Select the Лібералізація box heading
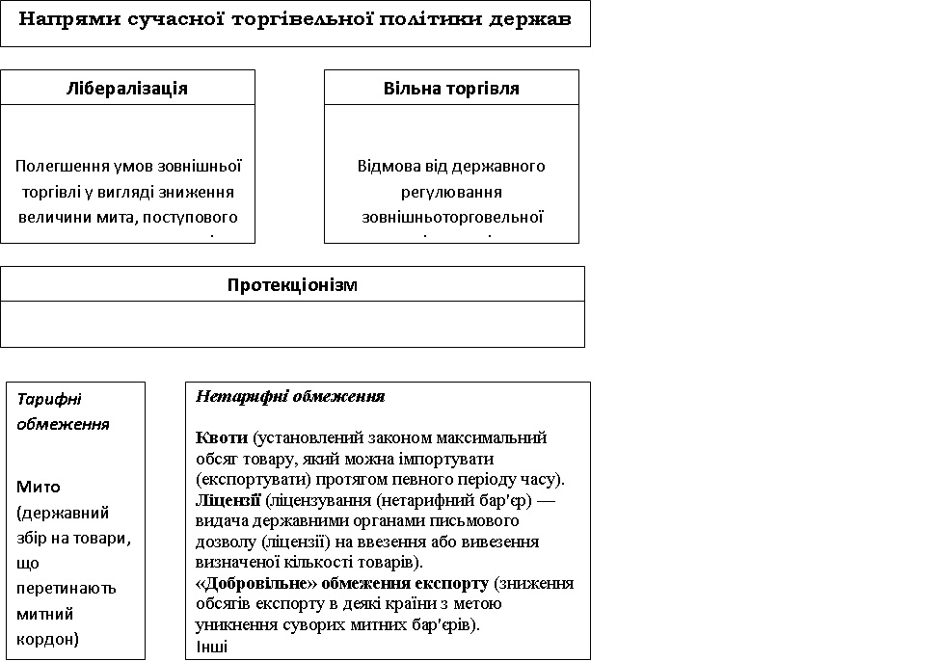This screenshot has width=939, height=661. tap(127, 89)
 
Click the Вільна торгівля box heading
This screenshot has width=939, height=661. tap(451, 89)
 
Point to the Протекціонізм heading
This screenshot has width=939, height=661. tap(292, 285)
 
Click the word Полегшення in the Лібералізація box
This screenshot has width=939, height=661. tap(58, 166)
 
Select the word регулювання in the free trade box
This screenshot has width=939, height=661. tap(451, 192)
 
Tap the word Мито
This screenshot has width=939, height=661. tap(36, 486)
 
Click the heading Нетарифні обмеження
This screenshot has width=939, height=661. tap(290, 396)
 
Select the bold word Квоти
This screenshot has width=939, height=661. tap(221, 437)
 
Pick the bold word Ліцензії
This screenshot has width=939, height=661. tap(228, 500)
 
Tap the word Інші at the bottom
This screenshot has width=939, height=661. tap(211, 646)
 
